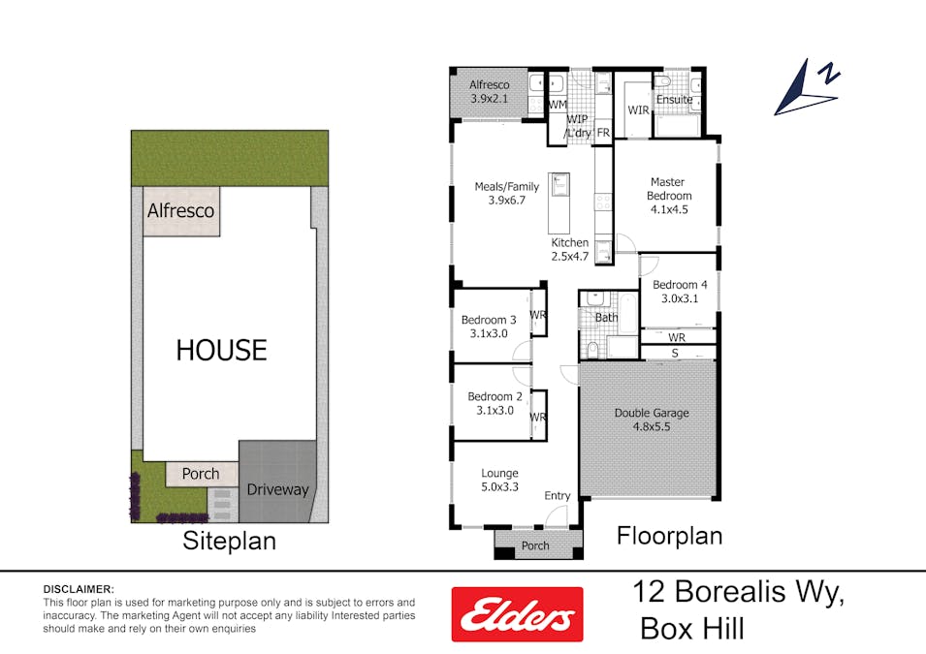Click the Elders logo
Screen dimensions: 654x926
pyautogui.click(x=517, y=614)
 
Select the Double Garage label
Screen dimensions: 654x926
pyautogui.click(x=652, y=420)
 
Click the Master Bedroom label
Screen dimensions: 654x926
pyautogui.click(x=667, y=195)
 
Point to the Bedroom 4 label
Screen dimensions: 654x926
pyautogui.click(x=680, y=292)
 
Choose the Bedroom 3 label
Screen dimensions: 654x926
pyautogui.click(x=489, y=327)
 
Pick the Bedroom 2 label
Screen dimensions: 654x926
pyautogui.click(x=495, y=403)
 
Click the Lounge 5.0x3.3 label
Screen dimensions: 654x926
pyautogui.click(x=499, y=480)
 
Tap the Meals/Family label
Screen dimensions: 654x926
pyautogui.click(x=506, y=194)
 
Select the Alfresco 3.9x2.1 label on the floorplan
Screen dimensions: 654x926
pyautogui.click(x=489, y=91)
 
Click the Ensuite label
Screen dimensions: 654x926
pyautogui.click(x=674, y=99)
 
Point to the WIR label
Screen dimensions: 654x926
pyautogui.click(x=637, y=110)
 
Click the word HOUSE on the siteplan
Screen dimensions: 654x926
pyautogui.click(x=221, y=350)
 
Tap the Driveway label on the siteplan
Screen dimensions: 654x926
pyautogui.click(x=276, y=489)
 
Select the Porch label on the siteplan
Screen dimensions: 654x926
pyautogui.click(x=201, y=474)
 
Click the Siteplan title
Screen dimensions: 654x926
pyautogui.click(x=229, y=541)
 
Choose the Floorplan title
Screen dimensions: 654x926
pyautogui.click(x=669, y=536)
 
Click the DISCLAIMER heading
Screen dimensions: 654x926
pyautogui.click(x=79, y=589)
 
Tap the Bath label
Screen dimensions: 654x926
pyautogui.click(x=606, y=317)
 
